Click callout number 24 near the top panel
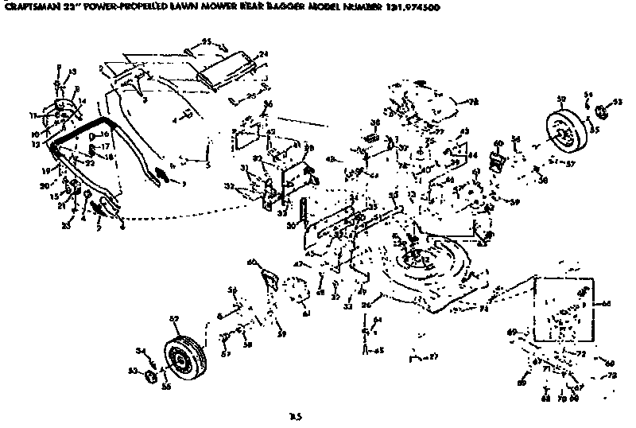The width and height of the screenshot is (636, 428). click(263, 54)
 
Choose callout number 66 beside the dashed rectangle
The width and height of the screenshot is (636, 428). click(605, 303)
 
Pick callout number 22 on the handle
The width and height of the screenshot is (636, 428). click(90, 162)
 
